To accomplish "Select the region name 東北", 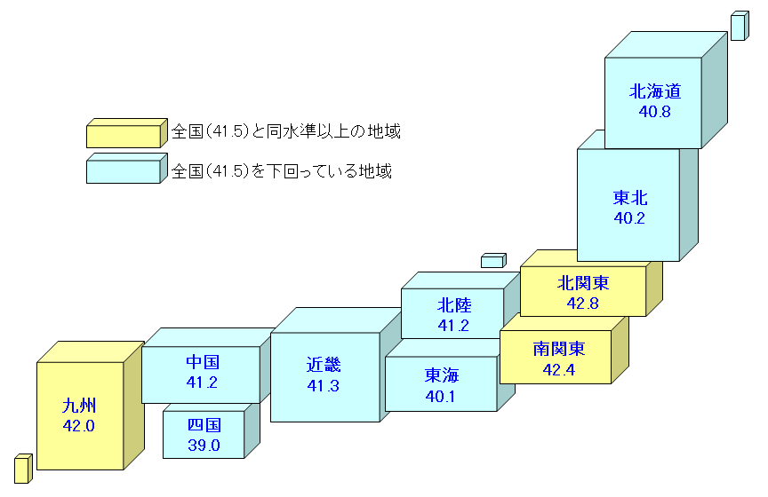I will coord(629,197).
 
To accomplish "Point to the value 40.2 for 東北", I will coord(629,217).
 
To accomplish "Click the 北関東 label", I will coord(583,283).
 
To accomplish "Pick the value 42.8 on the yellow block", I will coord(583,304).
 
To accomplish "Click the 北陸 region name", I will coord(453,305).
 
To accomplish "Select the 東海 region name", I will coord(442,375).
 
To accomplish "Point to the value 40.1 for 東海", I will coord(442,396).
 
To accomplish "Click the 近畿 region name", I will coord(324,365).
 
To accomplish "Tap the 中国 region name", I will coord(203,362).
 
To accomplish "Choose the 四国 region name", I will coord(204,425).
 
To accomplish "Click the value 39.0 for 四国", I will coord(204,445).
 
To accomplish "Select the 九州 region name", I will coord(79,406).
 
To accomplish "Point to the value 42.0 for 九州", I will coord(79,426).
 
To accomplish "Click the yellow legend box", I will coord(125,133).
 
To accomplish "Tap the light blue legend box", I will coord(125,169).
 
